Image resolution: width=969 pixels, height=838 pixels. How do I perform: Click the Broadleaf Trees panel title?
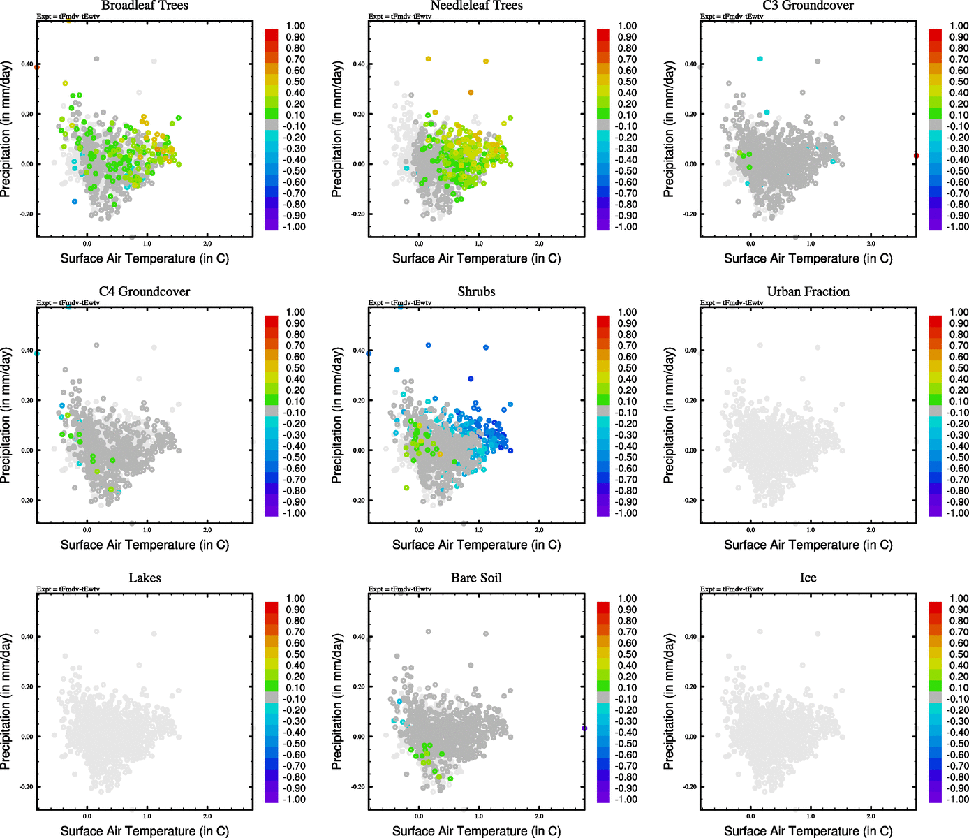[145, 6]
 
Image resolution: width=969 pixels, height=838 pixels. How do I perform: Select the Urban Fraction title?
[808, 292]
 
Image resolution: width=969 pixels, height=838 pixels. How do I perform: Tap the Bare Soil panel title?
[476, 578]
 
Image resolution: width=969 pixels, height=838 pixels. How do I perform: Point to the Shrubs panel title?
[476, 292]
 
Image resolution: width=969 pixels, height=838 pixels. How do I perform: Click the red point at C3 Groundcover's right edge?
[916, 156]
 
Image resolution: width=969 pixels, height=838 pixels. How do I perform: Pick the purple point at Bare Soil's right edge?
[584, 728]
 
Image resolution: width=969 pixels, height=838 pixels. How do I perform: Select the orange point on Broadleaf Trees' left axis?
[37, 67]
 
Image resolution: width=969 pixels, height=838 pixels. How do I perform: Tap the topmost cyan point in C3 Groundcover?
[760, 59]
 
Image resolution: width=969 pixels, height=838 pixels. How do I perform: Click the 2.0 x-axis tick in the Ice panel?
[871, 816]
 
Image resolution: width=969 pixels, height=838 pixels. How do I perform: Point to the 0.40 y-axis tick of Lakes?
[27, 637]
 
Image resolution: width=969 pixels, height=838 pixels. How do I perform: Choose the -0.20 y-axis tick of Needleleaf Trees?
[358, 214]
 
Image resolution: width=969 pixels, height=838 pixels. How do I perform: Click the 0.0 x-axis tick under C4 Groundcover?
[87, 530]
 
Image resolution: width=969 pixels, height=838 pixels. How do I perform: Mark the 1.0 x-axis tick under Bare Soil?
[479, 816]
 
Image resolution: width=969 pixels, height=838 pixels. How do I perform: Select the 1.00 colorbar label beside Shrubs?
[627, 312]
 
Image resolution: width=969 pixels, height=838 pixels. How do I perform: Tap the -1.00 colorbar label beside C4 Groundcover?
[295, 513]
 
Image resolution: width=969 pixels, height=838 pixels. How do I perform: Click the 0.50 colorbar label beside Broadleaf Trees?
[295, 82]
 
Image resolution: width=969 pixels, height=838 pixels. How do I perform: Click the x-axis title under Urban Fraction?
[808, 545]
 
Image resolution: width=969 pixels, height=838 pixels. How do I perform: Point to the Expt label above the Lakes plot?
[68, 589]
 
